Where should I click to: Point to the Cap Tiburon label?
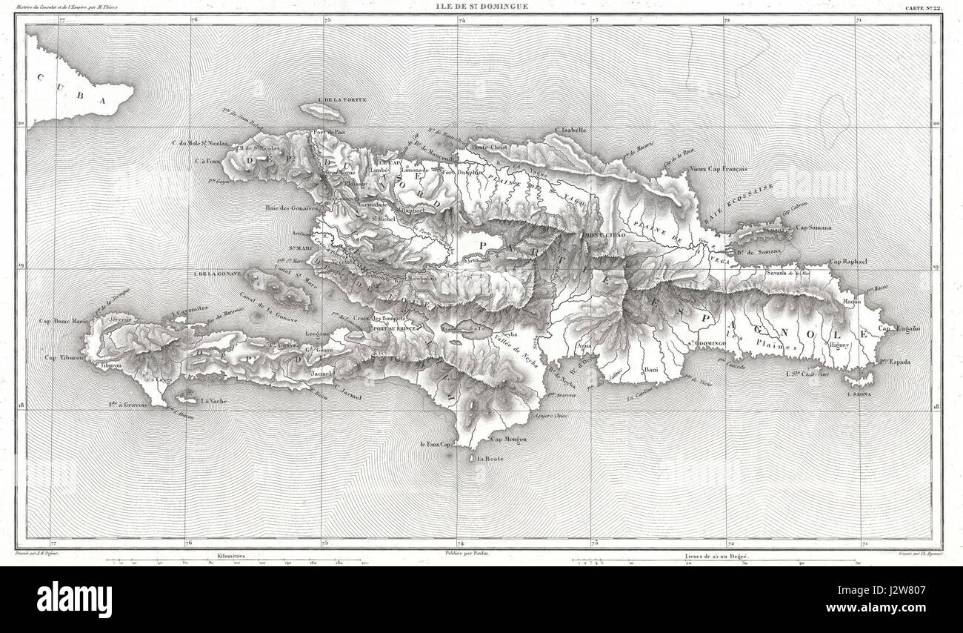coord(61,359)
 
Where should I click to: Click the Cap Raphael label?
coord(848,262)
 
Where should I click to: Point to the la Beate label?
coord(490,459)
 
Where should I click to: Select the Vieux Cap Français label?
coord(718,169)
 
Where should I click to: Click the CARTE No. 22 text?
coord(923,8)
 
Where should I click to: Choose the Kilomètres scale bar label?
coord(231,554)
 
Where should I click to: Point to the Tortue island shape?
coord(323,112)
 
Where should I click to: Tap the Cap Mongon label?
coord(507,439)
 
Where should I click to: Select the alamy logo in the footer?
coord(74,599)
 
